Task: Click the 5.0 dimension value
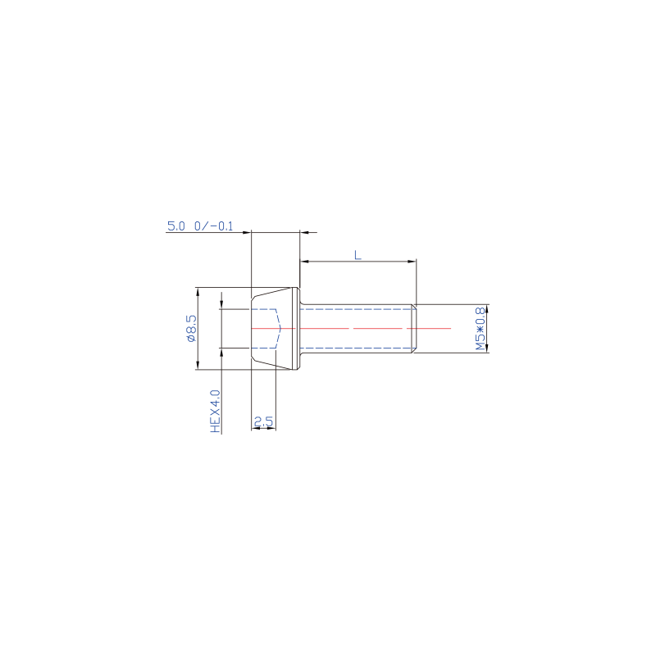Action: (176, 226)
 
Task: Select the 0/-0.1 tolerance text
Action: (213, 226)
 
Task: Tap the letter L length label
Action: (358, 255)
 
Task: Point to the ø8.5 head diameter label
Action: (191, 327)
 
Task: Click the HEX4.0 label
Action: (216, 411)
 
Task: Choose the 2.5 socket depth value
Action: (263, 422)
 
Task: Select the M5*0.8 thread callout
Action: (481, 328)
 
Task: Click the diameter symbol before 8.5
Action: (191, 335)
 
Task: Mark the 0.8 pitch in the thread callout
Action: (481, 316)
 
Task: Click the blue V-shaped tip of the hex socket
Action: (280, 328)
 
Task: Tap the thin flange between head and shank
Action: (298, 328)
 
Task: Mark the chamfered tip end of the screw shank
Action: (414, 328)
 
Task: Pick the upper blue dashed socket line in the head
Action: (264, 308)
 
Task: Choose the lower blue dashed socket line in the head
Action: (264, 348)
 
